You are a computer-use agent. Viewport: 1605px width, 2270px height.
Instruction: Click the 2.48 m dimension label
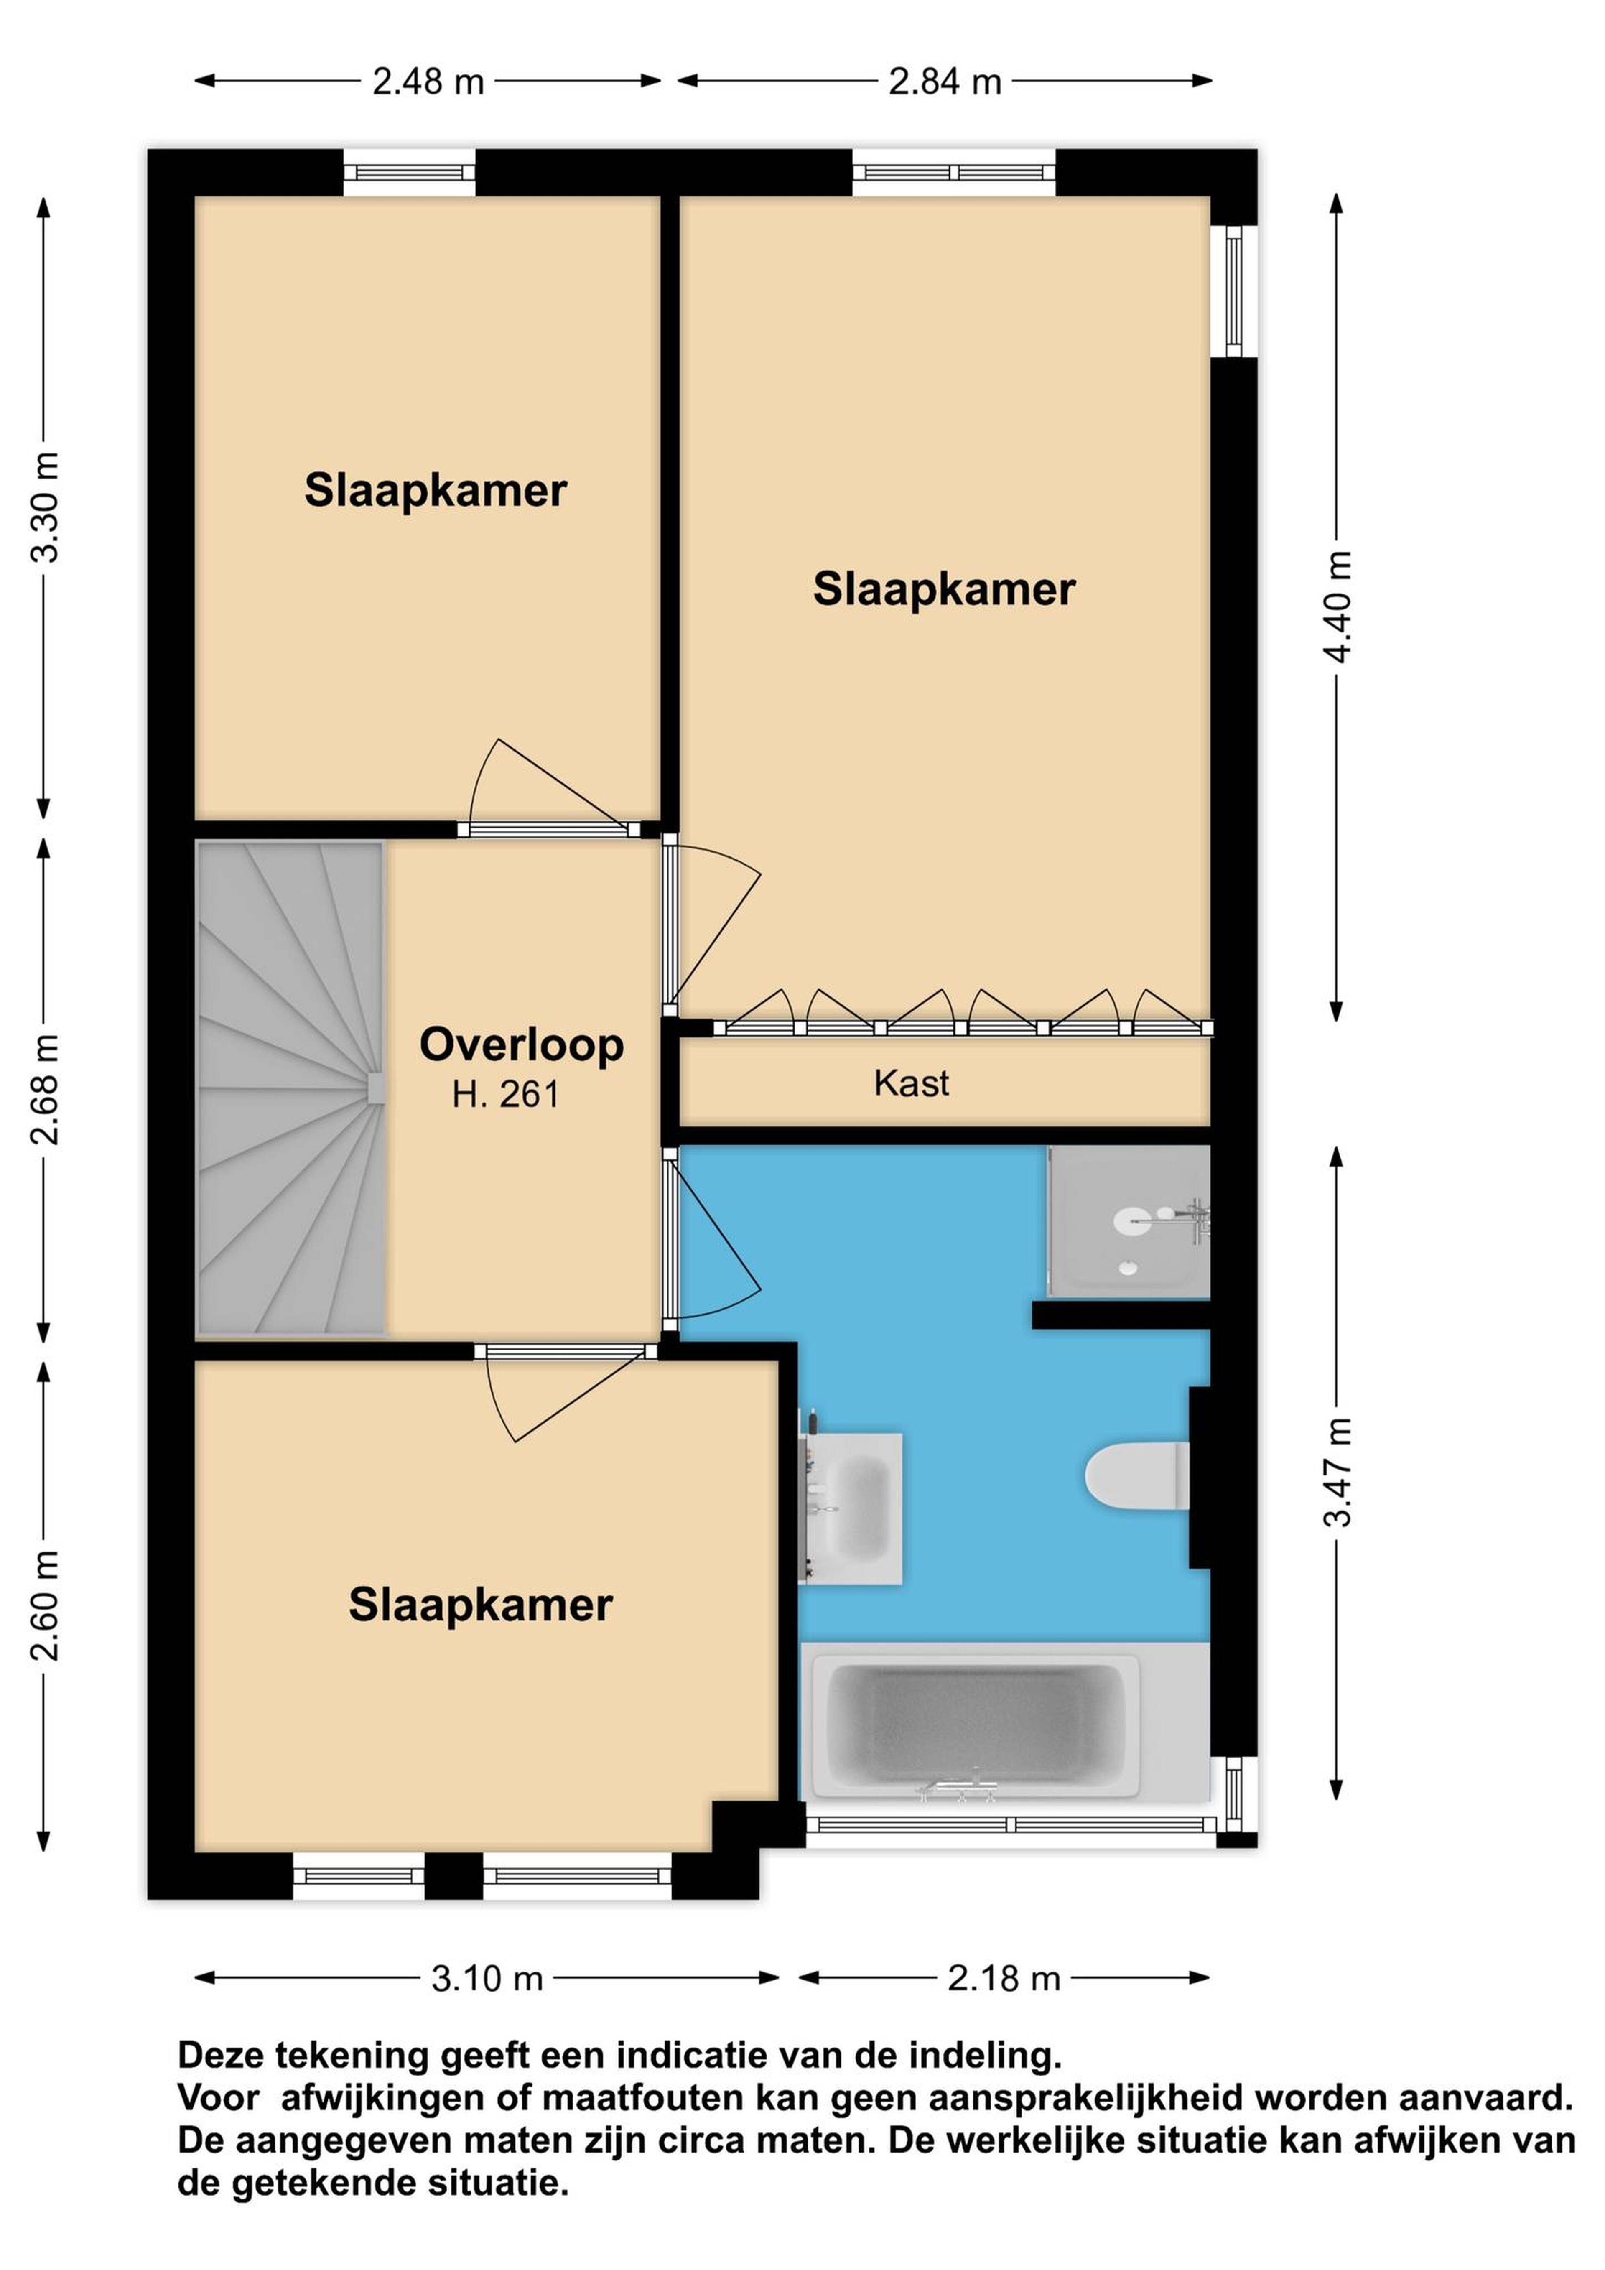click(x=428, y=81)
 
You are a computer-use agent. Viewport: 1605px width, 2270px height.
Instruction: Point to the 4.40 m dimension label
click(x=1337, y=606)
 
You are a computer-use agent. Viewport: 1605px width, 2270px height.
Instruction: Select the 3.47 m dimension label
click(x=1337, y=1471)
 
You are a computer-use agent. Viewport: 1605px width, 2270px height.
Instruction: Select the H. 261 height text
click(x=505, y=1095)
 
